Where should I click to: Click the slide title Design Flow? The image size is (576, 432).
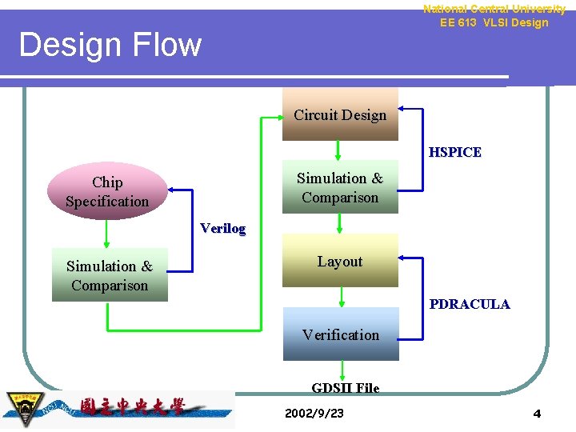pyautogui.click(x=110, y=45)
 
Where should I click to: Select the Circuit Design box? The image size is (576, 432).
pyautogui.click(x=340, y=114)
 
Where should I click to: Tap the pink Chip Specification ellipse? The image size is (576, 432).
pyautogui.click(x=107, y=192)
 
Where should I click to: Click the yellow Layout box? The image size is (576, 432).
pyautogui.click(x=340, y=261)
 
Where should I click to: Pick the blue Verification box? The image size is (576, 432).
pyautogui.click(x=341, y=334)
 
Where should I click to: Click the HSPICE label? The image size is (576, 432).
pyautogui.click(x=454, y=152)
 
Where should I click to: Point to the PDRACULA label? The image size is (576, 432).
pyautogui.click(x=469, y=304)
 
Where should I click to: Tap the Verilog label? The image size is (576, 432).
pyautogui.click(x=222, y=228)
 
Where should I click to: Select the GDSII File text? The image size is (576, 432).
pyautogui.click(x=345, y=388)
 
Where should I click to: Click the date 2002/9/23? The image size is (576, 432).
pyautogui.click(x=314, y=413)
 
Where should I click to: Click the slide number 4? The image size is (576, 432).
pyautogui.click(x=537, y=414)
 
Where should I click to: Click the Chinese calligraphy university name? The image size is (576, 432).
pyautogui.click(x=132, y=407)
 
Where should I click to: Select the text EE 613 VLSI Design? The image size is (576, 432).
pyautogui.click(x=494, y=22)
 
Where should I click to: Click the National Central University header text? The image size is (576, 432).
pyautogui.click(x=494, y=9)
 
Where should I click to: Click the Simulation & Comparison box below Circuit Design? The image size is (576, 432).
pyautogui.click(x=340, y=188)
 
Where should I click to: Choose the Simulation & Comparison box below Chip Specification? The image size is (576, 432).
pyautogui.click(x=110, y=276)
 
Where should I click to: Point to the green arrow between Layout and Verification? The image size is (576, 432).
pyautogui.click(x=341, y=297)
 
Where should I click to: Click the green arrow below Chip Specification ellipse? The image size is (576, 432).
pyautogui.click(x=107, y=234)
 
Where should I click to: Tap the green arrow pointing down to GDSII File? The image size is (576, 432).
pyautogui.click(x=342, y=370)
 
